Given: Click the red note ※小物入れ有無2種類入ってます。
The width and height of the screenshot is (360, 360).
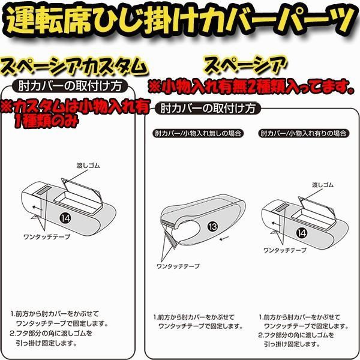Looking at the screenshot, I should tap(251, 86).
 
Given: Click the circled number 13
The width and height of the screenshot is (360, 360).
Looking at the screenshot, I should tap(212, 226).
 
